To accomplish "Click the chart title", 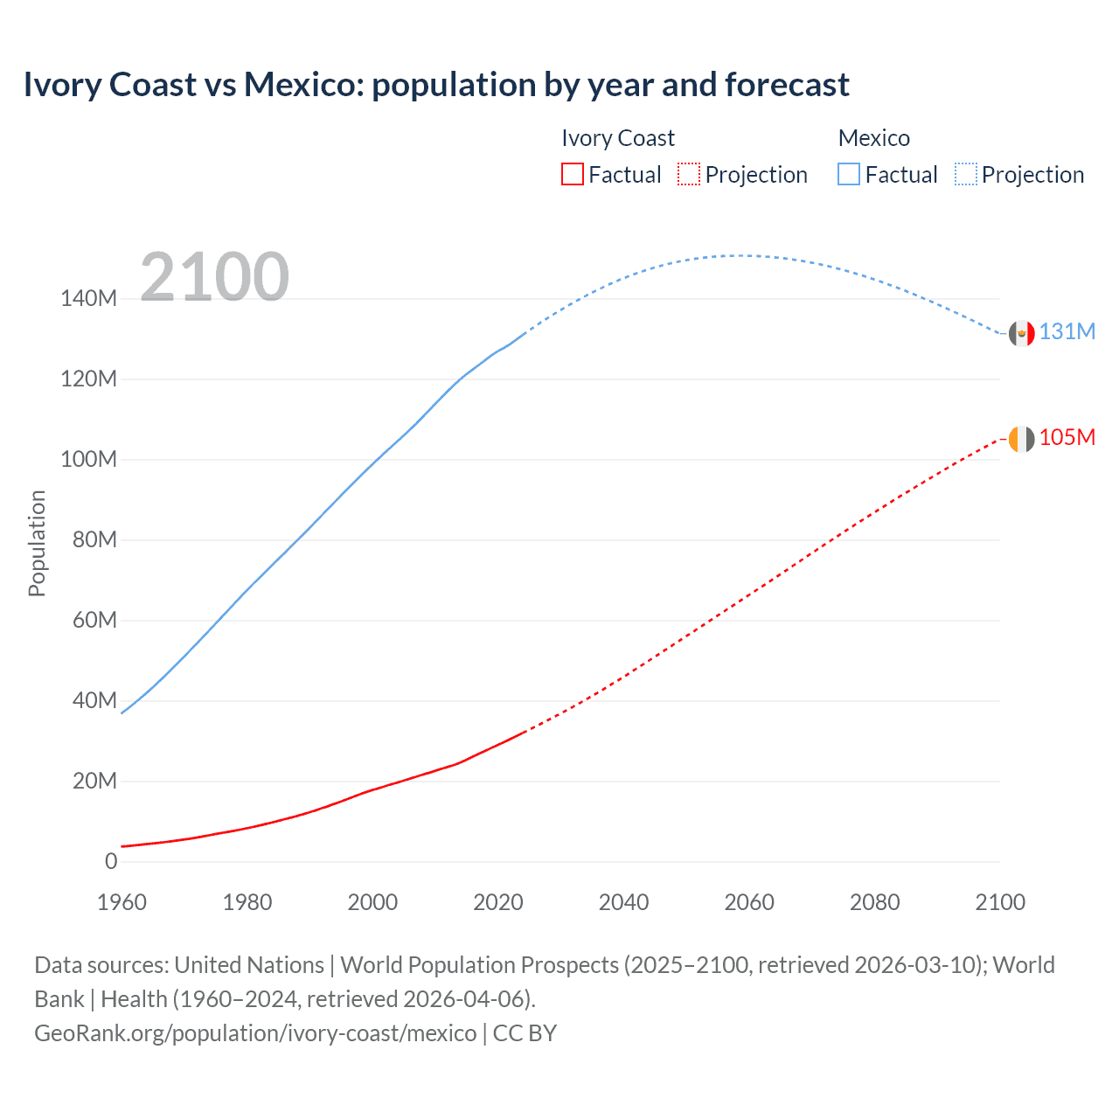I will coord(436,85).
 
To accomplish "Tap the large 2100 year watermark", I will coord(214,277).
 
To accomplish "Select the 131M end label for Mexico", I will coord(1067,332).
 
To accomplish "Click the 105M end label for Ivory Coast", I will coord(1067,437).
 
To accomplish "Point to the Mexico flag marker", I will coord(1021,333).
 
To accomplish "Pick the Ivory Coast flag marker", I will coord(1021,439).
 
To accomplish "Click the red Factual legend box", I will coord(572,175).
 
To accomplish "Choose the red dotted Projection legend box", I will coord(689,175).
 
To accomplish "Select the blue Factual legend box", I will coord(848,175).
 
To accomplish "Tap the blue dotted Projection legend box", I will coord(966,175).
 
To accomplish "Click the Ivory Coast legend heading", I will coord(617,138).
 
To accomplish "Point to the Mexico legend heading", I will coord(873,138).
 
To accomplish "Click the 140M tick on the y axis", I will coord(88,299).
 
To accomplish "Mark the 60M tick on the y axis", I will coord(94,621).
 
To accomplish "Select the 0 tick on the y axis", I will coord(111,862).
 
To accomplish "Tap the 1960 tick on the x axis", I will coord(122,902).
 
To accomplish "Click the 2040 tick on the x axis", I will coord(623,902).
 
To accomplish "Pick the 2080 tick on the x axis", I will coord(874,902).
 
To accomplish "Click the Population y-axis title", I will coord(37,543).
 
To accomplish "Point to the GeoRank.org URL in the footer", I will coord(255,1033).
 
